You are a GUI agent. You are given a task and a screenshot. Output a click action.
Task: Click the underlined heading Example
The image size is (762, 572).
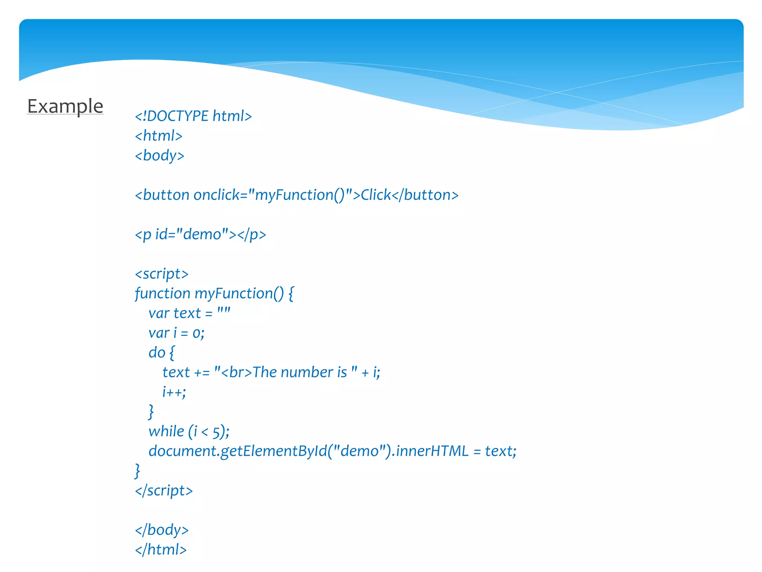point(65,107)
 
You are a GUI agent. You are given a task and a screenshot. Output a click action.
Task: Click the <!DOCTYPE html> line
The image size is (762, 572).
point(193,116)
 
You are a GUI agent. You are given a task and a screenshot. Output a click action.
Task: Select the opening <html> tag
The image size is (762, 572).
point(159,136)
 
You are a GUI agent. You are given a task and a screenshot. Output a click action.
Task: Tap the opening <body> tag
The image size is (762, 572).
point(159,156)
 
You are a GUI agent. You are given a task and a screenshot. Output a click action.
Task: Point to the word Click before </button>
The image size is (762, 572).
point(375,195)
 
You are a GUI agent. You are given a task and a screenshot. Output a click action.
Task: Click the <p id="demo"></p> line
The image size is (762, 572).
point(200,235)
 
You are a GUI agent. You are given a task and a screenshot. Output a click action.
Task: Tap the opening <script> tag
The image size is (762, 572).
point(161,274)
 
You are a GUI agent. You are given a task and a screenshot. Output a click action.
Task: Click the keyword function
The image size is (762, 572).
point(162,294)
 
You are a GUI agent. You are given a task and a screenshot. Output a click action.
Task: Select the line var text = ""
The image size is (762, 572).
point(189,314)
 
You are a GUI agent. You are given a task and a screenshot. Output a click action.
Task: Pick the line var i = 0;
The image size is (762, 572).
point(176,333)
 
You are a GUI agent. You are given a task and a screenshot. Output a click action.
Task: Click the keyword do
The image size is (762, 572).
point(157,353)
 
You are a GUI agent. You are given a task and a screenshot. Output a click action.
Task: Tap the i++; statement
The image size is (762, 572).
point(174,392)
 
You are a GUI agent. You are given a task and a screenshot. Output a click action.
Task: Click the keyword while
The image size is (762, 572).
point(166,432)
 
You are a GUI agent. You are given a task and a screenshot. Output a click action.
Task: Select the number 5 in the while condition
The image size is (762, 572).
point(216,432)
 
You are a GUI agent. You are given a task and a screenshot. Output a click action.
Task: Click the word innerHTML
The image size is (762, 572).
point(432,451)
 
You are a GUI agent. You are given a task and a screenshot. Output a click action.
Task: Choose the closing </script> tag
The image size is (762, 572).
point(164,491)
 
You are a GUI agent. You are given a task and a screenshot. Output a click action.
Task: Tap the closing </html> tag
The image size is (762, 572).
point(161,550)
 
